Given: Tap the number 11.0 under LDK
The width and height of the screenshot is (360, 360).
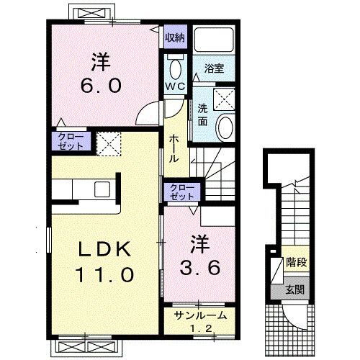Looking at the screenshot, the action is click(x=104, y=274).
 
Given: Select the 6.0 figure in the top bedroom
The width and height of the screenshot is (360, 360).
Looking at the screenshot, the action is click(x=101, y=86).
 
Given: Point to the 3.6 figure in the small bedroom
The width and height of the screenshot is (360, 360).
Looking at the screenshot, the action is click(x=199, y=268).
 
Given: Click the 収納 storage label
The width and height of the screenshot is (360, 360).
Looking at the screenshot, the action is click(x=176, y=37).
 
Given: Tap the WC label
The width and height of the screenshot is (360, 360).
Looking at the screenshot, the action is click(x=176, y=86).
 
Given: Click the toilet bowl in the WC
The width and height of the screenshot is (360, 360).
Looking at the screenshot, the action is click(x=176, y=69).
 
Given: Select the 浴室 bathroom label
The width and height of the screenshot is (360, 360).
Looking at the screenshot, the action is click(x=214, y=68).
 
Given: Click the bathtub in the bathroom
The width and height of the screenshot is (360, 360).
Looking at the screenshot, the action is click(x=214, y=40).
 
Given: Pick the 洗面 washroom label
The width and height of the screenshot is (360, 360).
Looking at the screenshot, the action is click(x=202, y=115).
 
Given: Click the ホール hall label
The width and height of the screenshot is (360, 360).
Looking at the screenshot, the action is click(x=174, y=149).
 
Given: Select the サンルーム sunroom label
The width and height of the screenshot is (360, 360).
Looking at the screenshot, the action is click(x=201, y=315).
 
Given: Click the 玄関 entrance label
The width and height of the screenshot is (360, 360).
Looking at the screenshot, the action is click(x=295, y=290).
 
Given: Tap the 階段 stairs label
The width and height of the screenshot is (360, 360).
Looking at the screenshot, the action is click(x=297, y=262).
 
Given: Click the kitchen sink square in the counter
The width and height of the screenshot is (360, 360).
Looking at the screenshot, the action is click(x=102, y=189).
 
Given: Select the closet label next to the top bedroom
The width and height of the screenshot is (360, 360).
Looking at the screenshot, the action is click(x=71, y=141).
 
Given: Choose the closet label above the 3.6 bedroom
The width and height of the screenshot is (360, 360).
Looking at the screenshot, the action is click(x=181, y=192).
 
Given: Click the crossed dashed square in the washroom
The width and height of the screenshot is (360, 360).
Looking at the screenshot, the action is click(x=224, y=99).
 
